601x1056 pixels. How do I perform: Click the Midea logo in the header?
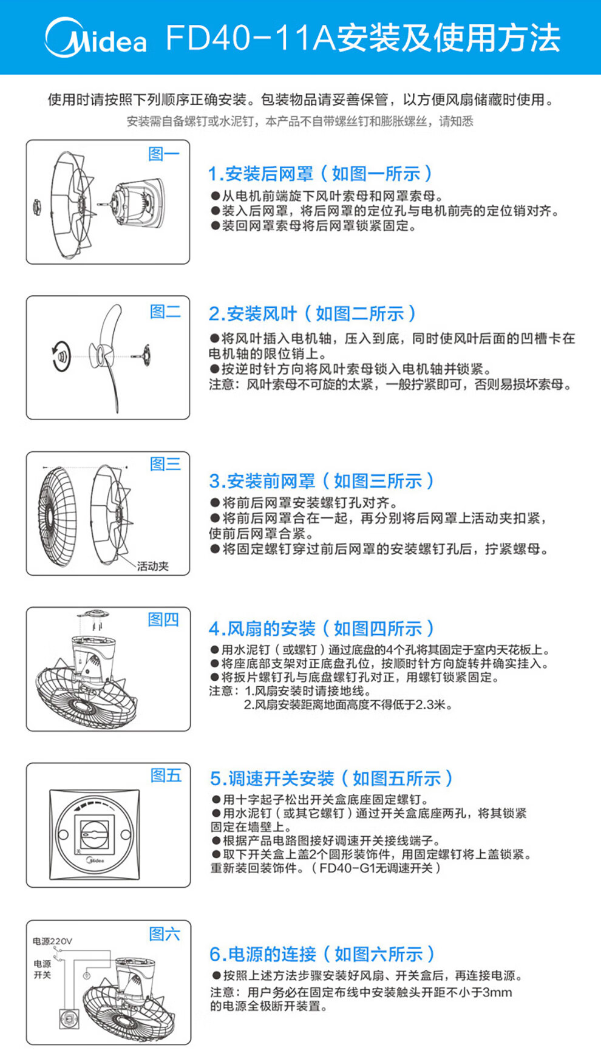95,37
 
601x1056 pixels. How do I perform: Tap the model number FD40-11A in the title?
251,38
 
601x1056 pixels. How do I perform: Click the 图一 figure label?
164,154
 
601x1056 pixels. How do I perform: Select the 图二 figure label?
165,312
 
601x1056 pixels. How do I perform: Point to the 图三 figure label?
165,464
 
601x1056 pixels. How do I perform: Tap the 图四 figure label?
163,619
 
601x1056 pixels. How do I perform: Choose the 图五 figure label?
166,775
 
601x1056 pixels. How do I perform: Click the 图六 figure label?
165,933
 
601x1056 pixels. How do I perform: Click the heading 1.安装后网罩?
261,174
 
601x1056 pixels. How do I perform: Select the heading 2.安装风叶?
253,314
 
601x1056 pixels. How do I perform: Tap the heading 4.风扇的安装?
262,628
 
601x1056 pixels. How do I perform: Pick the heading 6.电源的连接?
263,954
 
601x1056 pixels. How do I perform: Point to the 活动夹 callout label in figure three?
152,566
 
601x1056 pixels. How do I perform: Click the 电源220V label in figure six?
52,941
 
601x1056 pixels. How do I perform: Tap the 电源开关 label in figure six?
42,969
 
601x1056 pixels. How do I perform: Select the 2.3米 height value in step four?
430,705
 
